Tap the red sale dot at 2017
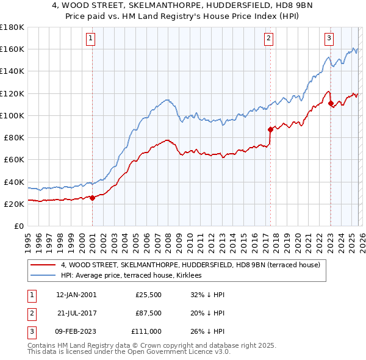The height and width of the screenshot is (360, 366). pos(270,129)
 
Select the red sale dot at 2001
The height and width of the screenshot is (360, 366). pos(92,198)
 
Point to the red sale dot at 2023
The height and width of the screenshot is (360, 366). pos(330,103)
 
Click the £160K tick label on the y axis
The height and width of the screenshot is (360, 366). pos(12,49)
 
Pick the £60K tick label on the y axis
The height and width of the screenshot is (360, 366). pos(13,160)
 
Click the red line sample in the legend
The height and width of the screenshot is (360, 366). pos(43,265)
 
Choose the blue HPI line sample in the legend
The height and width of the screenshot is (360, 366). pos(43,276)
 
